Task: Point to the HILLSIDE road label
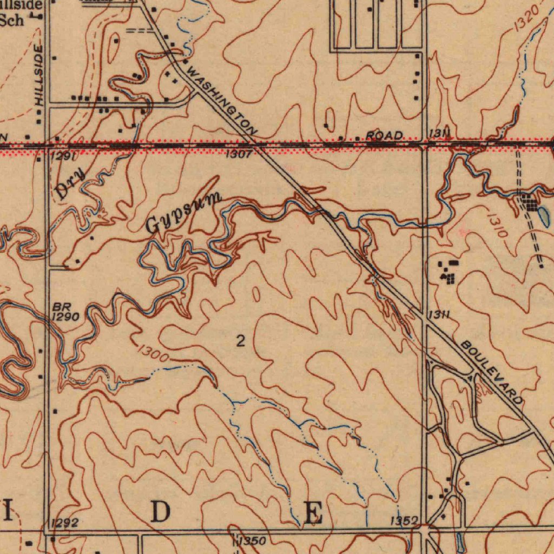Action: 38,75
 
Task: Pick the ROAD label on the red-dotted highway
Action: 384,135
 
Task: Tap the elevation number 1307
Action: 239,154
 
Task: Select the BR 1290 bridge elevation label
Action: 66,312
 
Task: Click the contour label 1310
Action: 496,226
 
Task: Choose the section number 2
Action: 241,341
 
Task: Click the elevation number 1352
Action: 405,520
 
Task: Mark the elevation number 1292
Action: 64,523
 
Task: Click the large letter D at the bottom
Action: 160,512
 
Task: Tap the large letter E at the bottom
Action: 313,513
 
